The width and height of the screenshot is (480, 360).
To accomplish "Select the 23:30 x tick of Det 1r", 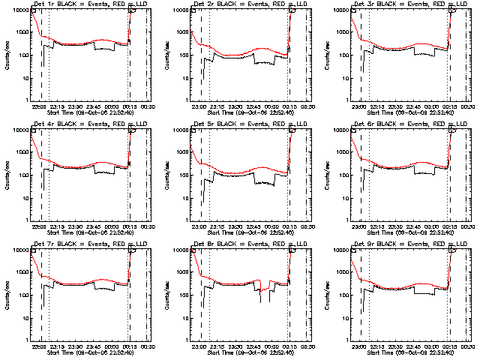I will (x=76, y=106).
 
